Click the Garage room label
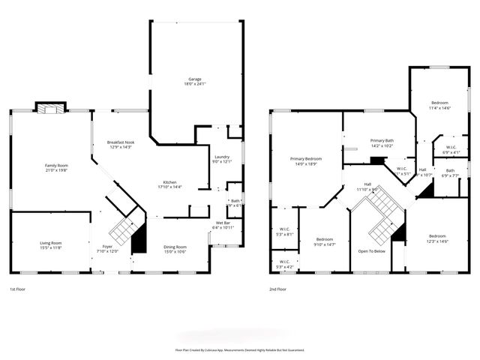[x=195, y=81]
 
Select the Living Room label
[x=51, y=244]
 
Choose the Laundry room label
[x=222, y=158]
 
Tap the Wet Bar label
[x=223, y=224]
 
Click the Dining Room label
[x=175, y=249]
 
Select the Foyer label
[x=108, y=248]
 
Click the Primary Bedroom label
[x=306, y=160]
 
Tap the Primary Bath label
[x=382, y=142]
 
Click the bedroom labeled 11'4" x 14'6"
[x=439, y=104]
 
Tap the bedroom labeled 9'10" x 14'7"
[x=325, y=241]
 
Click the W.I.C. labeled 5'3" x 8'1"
[x=284, y=232]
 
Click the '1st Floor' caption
[x=19, y=289]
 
